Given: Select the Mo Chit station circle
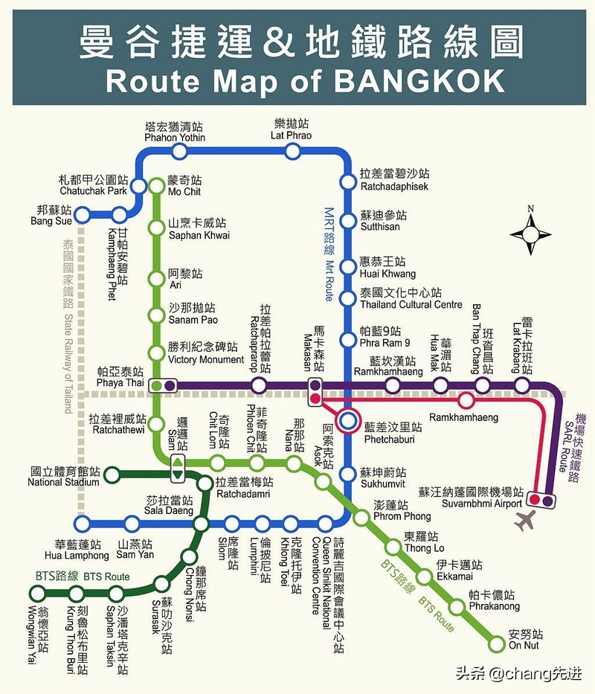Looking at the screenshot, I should pos(156,185).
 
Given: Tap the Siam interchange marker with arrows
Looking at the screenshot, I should pos(178,468).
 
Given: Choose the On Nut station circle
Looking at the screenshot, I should pos(498,642).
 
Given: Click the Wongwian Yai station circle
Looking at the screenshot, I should pos(36,593).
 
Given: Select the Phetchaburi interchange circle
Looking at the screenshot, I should pos(347,422).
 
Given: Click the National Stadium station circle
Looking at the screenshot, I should pos(112,474).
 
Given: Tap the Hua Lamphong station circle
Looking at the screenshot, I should pos(83,524).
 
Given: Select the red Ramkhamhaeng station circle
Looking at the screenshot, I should pos(466,401).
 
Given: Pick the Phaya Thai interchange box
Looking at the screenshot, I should pos(163,385).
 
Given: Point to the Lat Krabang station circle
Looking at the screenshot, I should pos(522,385).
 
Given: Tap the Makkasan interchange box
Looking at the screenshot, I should pos(315,391).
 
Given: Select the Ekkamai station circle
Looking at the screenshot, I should pos(425,576).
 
